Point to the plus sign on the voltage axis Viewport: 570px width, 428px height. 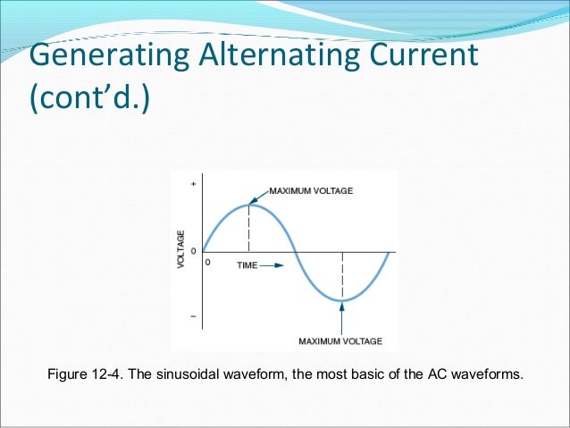click(193, 184)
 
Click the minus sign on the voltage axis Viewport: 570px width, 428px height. click(193, 317)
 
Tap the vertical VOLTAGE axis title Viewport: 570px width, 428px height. click(181, 251)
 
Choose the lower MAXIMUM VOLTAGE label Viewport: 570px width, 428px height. click(340, 340)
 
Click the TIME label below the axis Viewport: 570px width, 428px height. click(247, 265)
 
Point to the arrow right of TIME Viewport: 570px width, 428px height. click(272, 265)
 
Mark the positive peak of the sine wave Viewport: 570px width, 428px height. click(249, 205)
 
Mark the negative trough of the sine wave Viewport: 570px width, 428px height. click(342, 300)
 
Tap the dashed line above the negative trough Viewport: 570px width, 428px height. click(342, 276)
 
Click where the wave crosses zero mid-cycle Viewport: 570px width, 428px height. click(296, 252)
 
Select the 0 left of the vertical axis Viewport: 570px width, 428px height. click(193, 251)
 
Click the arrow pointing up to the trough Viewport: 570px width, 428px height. click(342, 316)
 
